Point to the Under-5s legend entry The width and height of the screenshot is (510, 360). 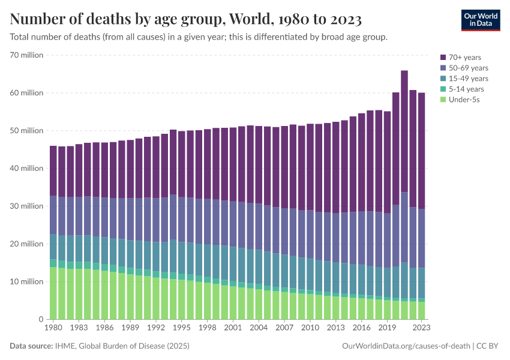(x=462, y=100)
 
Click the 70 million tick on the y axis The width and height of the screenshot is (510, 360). (x=26, y=55)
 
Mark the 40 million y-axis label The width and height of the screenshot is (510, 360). (x=26, y=169)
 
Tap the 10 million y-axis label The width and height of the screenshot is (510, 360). (x=26, y=281)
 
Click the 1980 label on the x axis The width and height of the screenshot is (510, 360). (x=53, y=328)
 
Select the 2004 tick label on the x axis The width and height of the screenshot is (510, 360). (x=258, y=328)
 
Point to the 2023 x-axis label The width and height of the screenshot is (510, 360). (x=421, y=328)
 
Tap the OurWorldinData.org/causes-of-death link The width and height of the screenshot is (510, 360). (x=405, y=346)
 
